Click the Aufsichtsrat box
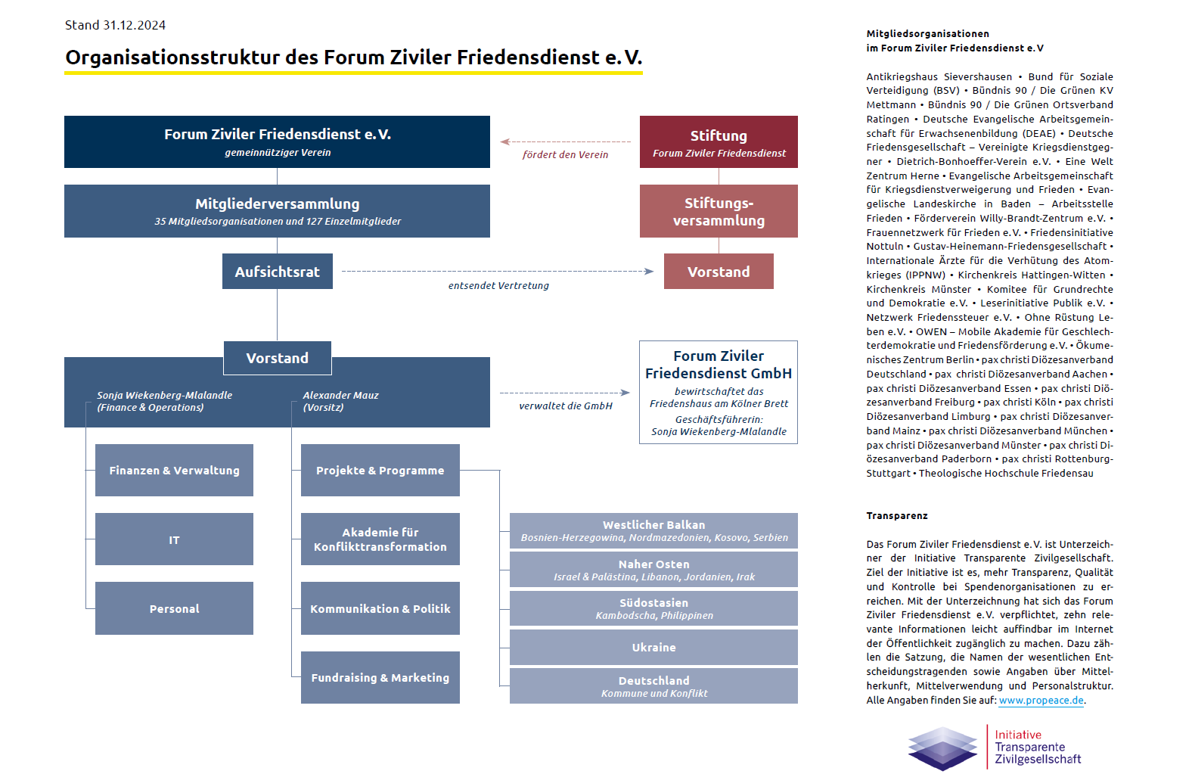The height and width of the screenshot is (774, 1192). (277, 272)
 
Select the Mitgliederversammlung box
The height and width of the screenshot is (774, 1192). (277, 211)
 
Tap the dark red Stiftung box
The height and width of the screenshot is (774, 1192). (719, 142)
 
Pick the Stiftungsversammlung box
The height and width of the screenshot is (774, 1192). (719, 211)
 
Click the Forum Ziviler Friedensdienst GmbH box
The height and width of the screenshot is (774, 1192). (719, 392)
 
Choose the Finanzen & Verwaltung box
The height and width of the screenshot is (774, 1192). (174, 471)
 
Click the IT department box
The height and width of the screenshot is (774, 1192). (174, 539)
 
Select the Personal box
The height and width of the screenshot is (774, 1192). (174, 608)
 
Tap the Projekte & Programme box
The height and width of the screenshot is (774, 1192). (380, 471)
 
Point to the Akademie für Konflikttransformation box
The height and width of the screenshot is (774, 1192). (380, 539)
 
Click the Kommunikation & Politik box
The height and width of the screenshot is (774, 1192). (380, 608)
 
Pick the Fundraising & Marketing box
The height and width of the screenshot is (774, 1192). (380, 678)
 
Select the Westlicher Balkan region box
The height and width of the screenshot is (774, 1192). (653, 530)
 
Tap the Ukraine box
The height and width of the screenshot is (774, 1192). (653, 648)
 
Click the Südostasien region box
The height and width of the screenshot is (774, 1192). (653, 608)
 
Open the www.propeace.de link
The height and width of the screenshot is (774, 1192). (1041, 701)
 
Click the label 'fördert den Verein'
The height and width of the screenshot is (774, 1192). (565, 155)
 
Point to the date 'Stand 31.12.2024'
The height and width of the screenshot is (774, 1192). (115, 25)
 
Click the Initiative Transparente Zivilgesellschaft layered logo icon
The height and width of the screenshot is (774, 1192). (942, 748)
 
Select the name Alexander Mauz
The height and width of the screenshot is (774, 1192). (340, 395)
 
